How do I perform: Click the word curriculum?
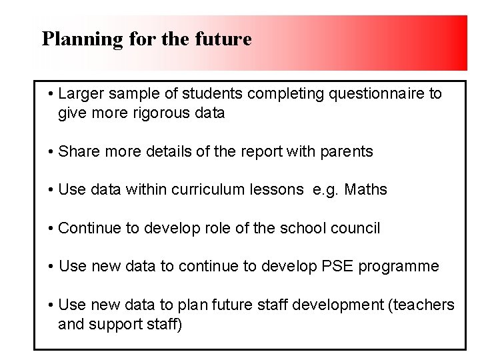[207, 189]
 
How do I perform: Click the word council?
[354, 228]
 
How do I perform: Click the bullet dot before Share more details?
[51, 152]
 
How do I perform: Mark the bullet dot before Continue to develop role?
[51, 229]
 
